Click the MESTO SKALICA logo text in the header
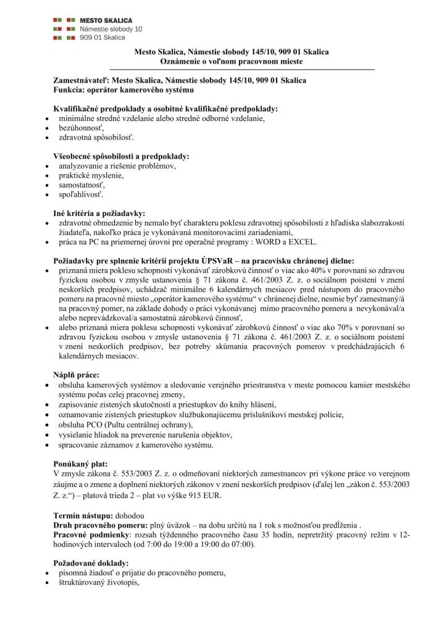(x=106, y=20)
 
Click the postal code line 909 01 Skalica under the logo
(x=102, y=38)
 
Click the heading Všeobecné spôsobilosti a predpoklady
(x=121, y=157)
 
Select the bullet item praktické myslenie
(x=91, y=175)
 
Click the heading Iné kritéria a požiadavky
(x=99, y=212)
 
